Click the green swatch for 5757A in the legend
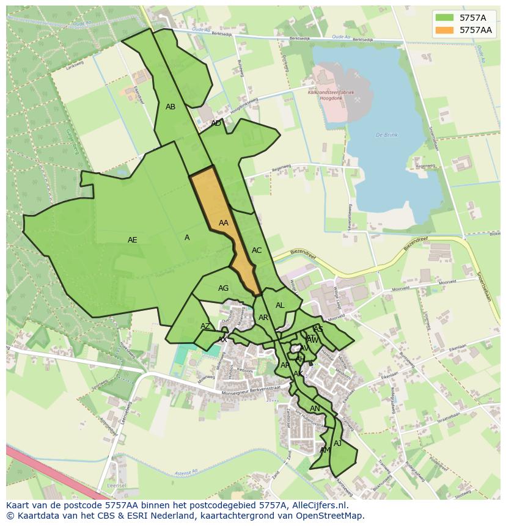coord(444,17)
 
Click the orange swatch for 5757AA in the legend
coord(444,29)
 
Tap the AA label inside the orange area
coord(224,223)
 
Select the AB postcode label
coord(170,107)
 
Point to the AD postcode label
coord(216,123)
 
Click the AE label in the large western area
coord(133,240)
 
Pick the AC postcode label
coord(257,250)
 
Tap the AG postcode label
coord(224,288)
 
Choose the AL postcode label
coord(280,305)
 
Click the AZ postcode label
coord(205,326)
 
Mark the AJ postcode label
coord(338,444)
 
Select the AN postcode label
coord(315,409)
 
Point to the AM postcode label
coord(325,450)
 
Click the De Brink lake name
coord(387,135)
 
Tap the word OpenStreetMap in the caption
coord(332,516)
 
